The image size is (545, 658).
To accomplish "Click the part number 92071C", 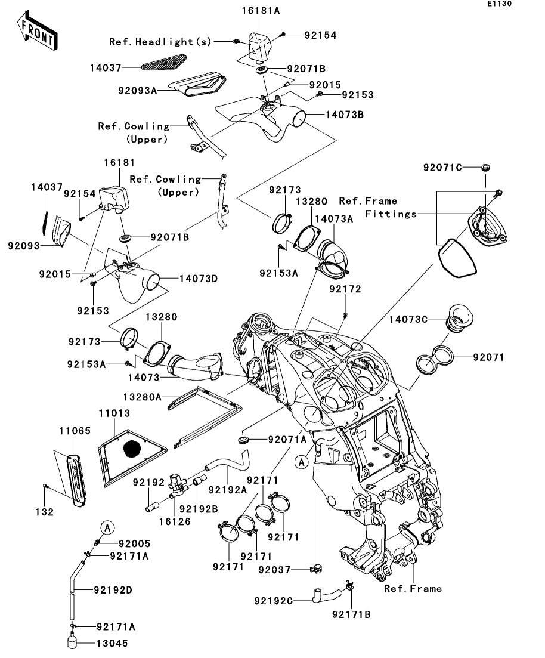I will (443, 168).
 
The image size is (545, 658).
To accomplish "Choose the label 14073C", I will (408, 319).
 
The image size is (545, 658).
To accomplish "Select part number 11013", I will (114, 413).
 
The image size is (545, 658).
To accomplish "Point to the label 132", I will (47, 512).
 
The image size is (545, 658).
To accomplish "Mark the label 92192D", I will (113, 590).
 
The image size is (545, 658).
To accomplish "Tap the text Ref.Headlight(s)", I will (160, 42).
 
